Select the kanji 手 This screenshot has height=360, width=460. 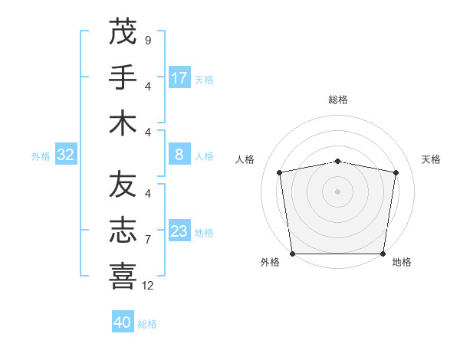[x=123, y=77]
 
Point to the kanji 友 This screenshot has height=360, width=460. [x=123, y=185]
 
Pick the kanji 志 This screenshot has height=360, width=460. [x=123, y=231]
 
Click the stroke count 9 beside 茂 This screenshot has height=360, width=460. [x=147, y=40]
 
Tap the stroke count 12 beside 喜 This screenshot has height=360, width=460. [x=148, y=286]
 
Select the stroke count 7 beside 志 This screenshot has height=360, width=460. [x=147, y=240]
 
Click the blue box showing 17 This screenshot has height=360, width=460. [x=179, y=78]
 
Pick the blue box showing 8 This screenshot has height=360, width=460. [x=179, y=155]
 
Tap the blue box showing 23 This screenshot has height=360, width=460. [x=179, y=231]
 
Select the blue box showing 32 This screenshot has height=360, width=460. [x=66, y=155]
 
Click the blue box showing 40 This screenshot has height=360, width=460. [x=123, y=322]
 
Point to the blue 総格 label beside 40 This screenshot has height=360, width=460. [x=147, y=324]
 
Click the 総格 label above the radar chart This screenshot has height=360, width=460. [x=338, y=100]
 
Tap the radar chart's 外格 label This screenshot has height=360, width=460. [x=270, y=262]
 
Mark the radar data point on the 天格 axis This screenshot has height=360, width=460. [x=396, y=172]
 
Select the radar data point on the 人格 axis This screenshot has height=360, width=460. [x=280, y=172]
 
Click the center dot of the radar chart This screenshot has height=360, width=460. [x=338, y=191]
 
